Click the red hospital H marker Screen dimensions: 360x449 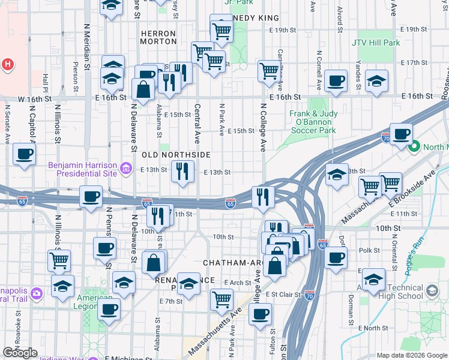pyautogui.click(x=8, y=64)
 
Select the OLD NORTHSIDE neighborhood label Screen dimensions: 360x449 pyautogui.click(x=176, y=155)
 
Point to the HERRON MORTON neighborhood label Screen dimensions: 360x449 pyautogui.click(x=158, y=38)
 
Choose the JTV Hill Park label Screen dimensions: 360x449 pyautogui.click(x=376, y=43)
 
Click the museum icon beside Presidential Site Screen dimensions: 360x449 pyautogui.click(x=126, y=169)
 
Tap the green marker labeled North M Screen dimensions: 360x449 pyautogui.click(x=414, y=146)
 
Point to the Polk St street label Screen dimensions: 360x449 pyautogui.click(x=370, y=250)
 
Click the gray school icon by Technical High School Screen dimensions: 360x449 pyautogui.click(x=431, y=292)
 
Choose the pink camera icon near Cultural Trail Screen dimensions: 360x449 pyautogui.click(x=37, y=293)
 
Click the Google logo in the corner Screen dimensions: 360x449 pyautogui.click(x=20, y=353)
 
